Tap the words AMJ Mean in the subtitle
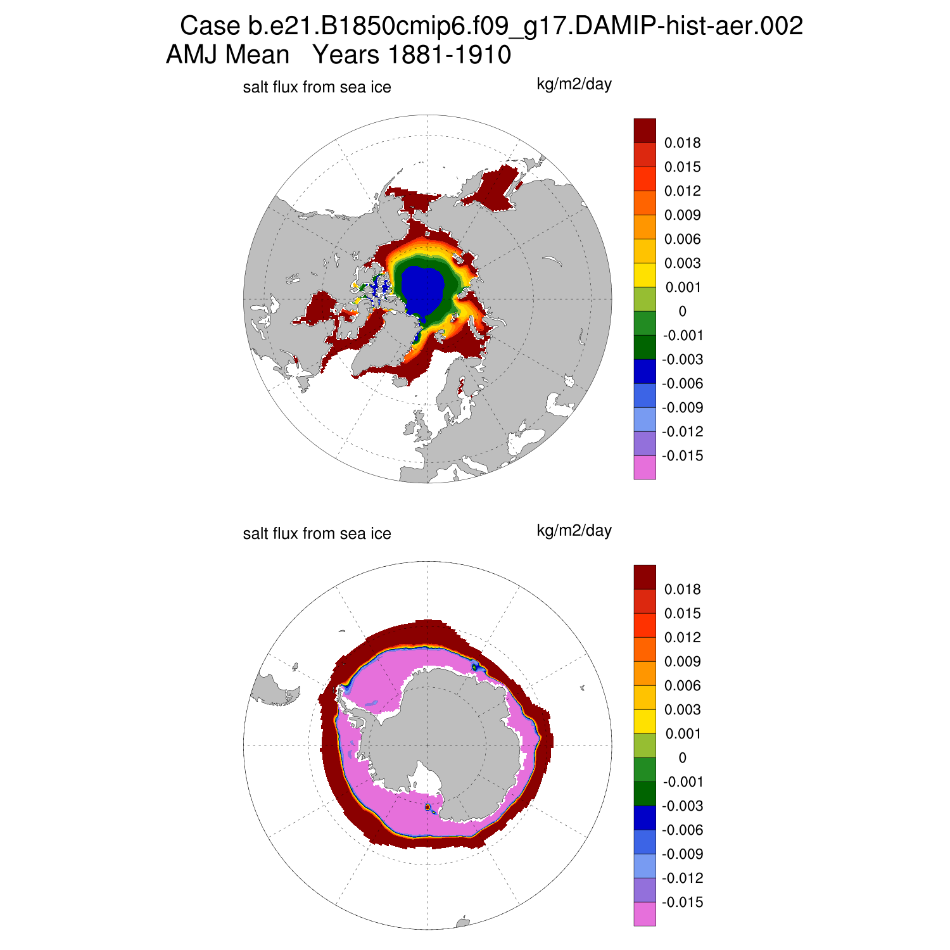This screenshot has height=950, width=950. tap(227, 55)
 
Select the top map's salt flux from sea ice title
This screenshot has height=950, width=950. tap(317, 87)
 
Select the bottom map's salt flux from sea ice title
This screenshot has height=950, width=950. tap(317, 534)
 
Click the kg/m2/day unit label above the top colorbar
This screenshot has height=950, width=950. tap(574, 84)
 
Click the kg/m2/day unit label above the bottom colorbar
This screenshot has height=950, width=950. tap(574, 531)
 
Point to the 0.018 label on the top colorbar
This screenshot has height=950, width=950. tap(682, 143)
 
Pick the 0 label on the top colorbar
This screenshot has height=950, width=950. tap(682, 312)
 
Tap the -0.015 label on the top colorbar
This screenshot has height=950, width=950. tap(682, 456)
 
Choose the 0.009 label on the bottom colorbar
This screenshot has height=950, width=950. tap(682, 662)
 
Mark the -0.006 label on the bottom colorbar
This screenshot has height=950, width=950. tap(682, 830)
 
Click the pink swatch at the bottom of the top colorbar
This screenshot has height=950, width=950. tap(645, 467)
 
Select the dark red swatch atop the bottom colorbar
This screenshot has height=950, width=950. tap(645, 577)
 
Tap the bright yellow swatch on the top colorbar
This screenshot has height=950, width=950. tap(645, 275)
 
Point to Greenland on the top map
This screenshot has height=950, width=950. tap(380, 342)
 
